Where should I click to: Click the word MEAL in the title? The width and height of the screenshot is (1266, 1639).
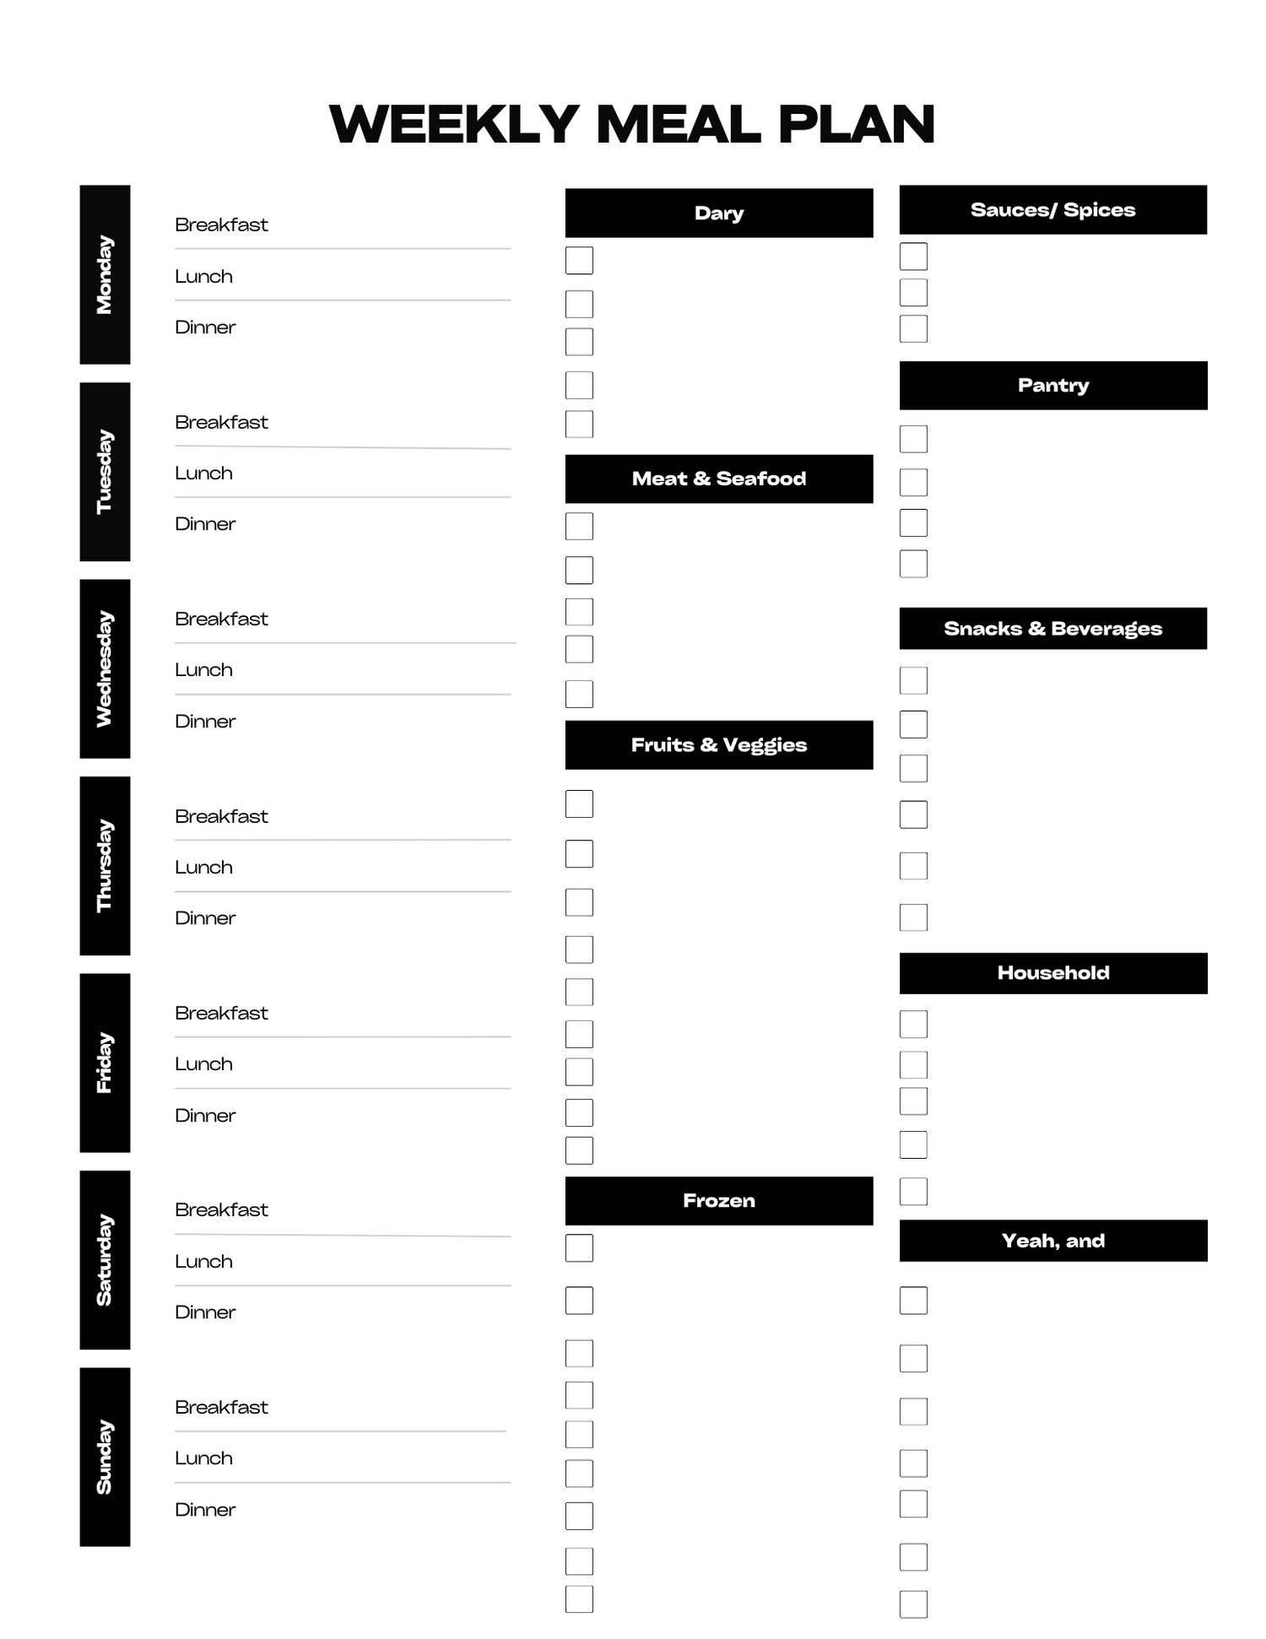point(678,125)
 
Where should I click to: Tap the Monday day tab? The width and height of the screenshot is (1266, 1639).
point(105,274)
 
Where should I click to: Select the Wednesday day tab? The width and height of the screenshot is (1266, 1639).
point(105,668)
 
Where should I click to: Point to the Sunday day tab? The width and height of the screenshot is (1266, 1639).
point(105,1457)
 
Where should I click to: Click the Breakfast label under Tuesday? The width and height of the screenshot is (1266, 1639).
point(221,422)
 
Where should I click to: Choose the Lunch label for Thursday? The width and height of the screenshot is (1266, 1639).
point(203,867)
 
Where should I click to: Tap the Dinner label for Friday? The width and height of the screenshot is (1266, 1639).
point(205,1115)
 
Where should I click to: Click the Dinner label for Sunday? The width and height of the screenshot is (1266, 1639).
point(205,1509)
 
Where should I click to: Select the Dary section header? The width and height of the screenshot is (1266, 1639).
point(719,213)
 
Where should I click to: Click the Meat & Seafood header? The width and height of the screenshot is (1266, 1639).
point(719,479)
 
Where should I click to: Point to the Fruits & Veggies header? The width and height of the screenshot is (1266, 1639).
point(719,744)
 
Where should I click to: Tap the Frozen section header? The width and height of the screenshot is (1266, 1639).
point(719,1200)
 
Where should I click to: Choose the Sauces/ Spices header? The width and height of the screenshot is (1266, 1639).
point(1053,209)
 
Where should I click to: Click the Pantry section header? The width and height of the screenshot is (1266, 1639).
point(1053,385)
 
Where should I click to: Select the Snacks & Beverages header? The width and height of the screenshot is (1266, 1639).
point(1053,628)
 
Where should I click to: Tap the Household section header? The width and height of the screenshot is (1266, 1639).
point(1053,972)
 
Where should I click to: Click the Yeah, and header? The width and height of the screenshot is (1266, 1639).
point(1053,1240)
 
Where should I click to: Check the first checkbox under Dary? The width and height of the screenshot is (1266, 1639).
point(579,260)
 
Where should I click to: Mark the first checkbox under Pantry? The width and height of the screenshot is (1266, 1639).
point(913,439)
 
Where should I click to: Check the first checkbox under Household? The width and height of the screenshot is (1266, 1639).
point(913,1024)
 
